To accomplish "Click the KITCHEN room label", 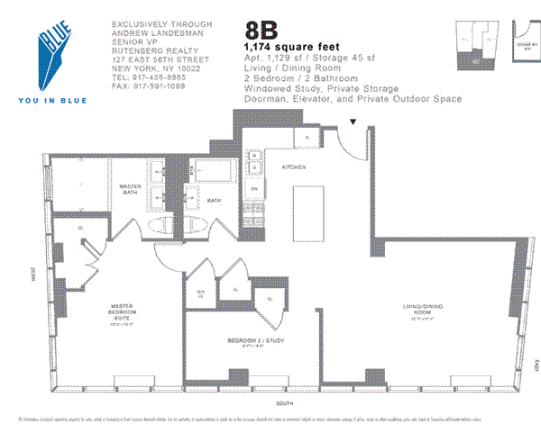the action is coord(292,167).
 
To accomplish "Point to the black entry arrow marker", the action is coord(353,122).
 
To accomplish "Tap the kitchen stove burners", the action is coord(255,160).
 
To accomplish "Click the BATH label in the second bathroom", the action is coord(215,201).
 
